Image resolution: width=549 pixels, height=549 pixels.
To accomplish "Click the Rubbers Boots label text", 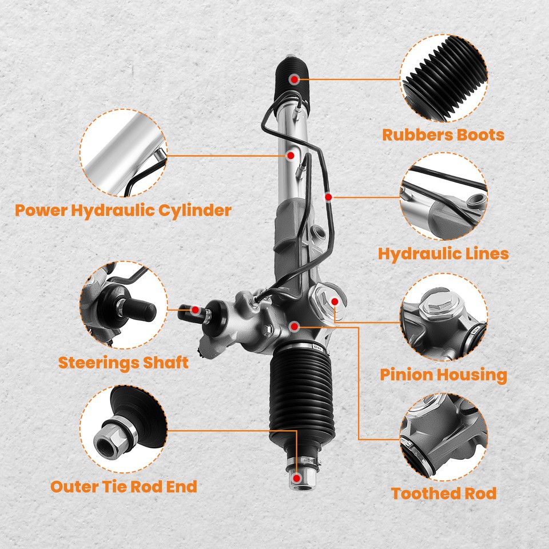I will [443, 135].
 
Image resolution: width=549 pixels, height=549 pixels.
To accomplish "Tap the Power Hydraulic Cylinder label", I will [123, 210].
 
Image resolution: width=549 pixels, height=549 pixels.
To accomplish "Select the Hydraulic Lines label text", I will [443, 253].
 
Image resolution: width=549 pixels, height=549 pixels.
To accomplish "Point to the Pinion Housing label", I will [443, 375].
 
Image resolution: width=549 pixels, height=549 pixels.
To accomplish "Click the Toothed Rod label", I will [443, 494].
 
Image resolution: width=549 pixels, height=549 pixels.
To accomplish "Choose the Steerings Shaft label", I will [123, 363].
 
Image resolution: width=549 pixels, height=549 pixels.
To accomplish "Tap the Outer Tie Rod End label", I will [124, 487].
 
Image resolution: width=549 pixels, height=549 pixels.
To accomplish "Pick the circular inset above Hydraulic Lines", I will [444, 196].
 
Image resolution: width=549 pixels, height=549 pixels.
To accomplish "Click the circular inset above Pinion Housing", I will [444, 317].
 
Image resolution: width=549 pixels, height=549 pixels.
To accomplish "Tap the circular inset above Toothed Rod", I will [444, 436].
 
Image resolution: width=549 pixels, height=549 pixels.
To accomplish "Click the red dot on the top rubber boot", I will [294, 79].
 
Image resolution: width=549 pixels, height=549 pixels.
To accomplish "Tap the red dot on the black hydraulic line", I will [328, 197].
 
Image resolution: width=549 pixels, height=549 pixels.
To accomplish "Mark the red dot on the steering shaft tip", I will [196, 310].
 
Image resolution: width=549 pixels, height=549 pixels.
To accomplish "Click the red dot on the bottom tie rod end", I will [297, 476].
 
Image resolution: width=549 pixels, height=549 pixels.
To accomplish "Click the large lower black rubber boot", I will [300, 400].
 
